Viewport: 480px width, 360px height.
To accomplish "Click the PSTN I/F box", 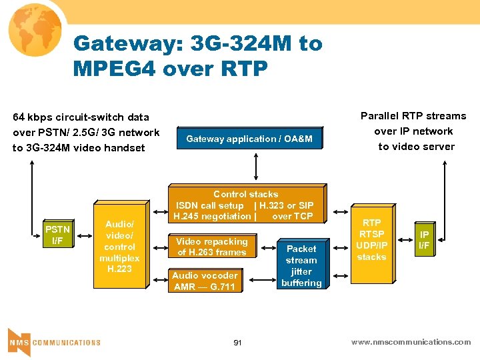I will click(x=57, y=235).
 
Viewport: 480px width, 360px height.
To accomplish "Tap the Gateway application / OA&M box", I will click(x=249, y=139).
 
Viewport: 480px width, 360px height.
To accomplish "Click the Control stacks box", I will click(x=245, y=205).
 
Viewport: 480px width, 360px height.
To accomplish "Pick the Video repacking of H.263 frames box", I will click(x=211, y=247).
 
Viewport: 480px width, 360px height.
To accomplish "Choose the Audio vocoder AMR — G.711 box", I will click(x=205, y=281).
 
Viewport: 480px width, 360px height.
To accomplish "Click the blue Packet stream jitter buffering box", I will click(x=301, y=265).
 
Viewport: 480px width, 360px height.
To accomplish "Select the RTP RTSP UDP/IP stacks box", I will click(x=371, y=240).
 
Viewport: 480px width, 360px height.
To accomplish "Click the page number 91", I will click(x=237, y=342).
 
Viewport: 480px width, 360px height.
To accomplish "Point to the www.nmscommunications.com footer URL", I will click(x=411, y=342).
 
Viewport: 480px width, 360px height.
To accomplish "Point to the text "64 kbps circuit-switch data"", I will click(x=81, y=117).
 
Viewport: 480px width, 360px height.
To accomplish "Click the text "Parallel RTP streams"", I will click(x=413, y=116).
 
